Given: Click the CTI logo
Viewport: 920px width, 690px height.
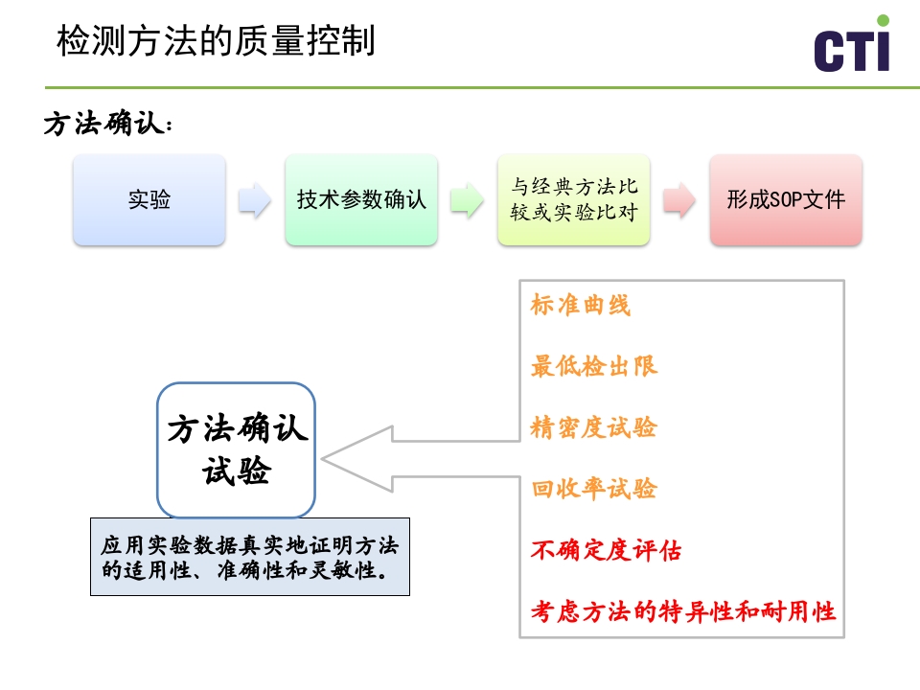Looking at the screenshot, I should pyautogui.click(x=851, y=48).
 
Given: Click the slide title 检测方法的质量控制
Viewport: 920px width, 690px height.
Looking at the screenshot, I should pyautogui.click(x=215, y=42).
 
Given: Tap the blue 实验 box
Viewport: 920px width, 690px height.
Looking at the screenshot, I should pyautogui.click(x=149, y=200).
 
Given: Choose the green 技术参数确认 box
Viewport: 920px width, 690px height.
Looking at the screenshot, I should pyautogui.click(x=361, y=200).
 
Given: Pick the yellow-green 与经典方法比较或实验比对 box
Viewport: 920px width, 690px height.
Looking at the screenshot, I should pyautogui.click(x=573, y=200).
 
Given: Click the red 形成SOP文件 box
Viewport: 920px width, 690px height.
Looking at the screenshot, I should pyautogui.click(x=786, y=200).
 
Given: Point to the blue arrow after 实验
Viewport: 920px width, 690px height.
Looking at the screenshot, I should pyautogui.click(x=255, y=200).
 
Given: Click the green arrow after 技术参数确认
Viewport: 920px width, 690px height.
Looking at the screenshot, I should pyautogui.click(x=467, y=200).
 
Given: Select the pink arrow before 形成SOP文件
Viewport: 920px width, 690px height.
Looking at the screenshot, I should pyautogui.click(x=678, y=200).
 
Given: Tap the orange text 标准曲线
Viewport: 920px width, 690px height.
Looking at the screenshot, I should pyautogui.click(x=581, y=306).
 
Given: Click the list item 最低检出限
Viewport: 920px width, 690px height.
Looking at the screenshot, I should pyautogui.click(x=594, y=366).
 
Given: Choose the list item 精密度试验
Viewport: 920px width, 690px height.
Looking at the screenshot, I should pyautogui.click(x=594, y=427).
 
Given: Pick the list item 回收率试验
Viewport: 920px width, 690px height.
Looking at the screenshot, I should pyautogui.click(x=594, y=489).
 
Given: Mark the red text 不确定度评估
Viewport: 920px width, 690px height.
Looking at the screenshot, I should pyautogui.click(x=607, y=551).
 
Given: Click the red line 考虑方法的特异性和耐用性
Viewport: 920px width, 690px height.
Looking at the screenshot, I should pyautogui.click(x=683, y=611).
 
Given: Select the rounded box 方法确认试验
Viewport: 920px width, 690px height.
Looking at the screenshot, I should pyautogui.click(x=237, y=450).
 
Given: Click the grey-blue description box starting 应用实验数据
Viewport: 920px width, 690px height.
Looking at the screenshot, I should pyautogui.click(x=250, y=558).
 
